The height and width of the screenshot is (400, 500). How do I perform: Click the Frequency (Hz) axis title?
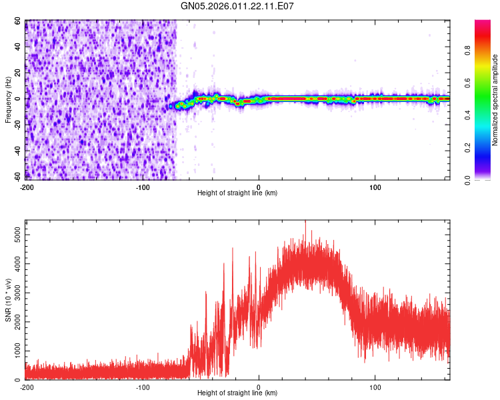[x=9, y=100]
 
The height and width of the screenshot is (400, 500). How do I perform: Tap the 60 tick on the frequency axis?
[x=18, y=21]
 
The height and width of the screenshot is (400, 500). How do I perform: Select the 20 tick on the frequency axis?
[x=18, y=73]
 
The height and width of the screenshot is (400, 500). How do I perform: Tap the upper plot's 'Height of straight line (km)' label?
[x=237, y=193]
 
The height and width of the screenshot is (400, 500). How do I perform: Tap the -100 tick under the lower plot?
[x=143, y=387]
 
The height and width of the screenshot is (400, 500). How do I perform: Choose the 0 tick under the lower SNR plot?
[x=259, y=387]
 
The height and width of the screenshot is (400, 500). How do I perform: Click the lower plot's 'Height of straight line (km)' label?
[x=237, y=393]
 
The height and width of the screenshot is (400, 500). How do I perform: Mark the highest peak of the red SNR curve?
[x=305, y=222]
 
